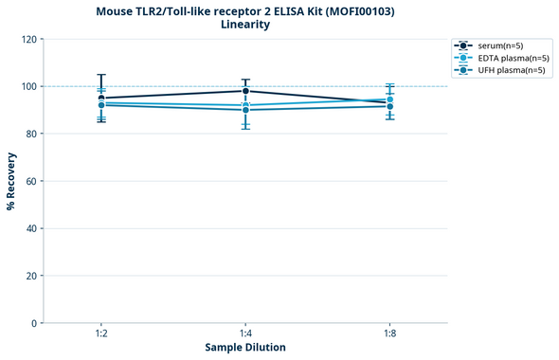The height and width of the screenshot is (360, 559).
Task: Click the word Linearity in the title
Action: point(244,25)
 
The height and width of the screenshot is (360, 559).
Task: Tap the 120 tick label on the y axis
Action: point(28,39)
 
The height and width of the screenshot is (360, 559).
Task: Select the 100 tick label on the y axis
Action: point(28,86)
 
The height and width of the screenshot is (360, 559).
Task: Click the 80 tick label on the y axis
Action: point(31,134)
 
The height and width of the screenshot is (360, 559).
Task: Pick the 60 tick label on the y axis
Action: point(31,181)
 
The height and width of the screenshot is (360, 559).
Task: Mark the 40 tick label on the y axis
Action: point(31,228)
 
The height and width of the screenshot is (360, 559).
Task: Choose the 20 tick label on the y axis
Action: point(31,276)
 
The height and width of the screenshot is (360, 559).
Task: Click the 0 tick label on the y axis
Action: point(34,323)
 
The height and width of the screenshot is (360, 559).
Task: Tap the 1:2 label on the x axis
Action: point(101,334)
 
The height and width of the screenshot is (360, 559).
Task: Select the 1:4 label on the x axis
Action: point(245,334)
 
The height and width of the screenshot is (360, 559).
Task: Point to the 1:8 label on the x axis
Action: point(389,334)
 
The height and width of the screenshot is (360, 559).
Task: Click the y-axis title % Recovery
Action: point(11,181)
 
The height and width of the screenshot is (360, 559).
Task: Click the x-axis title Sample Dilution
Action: point(245,348)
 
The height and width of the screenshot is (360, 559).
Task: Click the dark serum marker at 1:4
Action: point(245,91)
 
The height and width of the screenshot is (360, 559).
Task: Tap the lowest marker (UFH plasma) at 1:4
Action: point(245,110)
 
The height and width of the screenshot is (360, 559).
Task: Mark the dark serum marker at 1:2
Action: point(101,99)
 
